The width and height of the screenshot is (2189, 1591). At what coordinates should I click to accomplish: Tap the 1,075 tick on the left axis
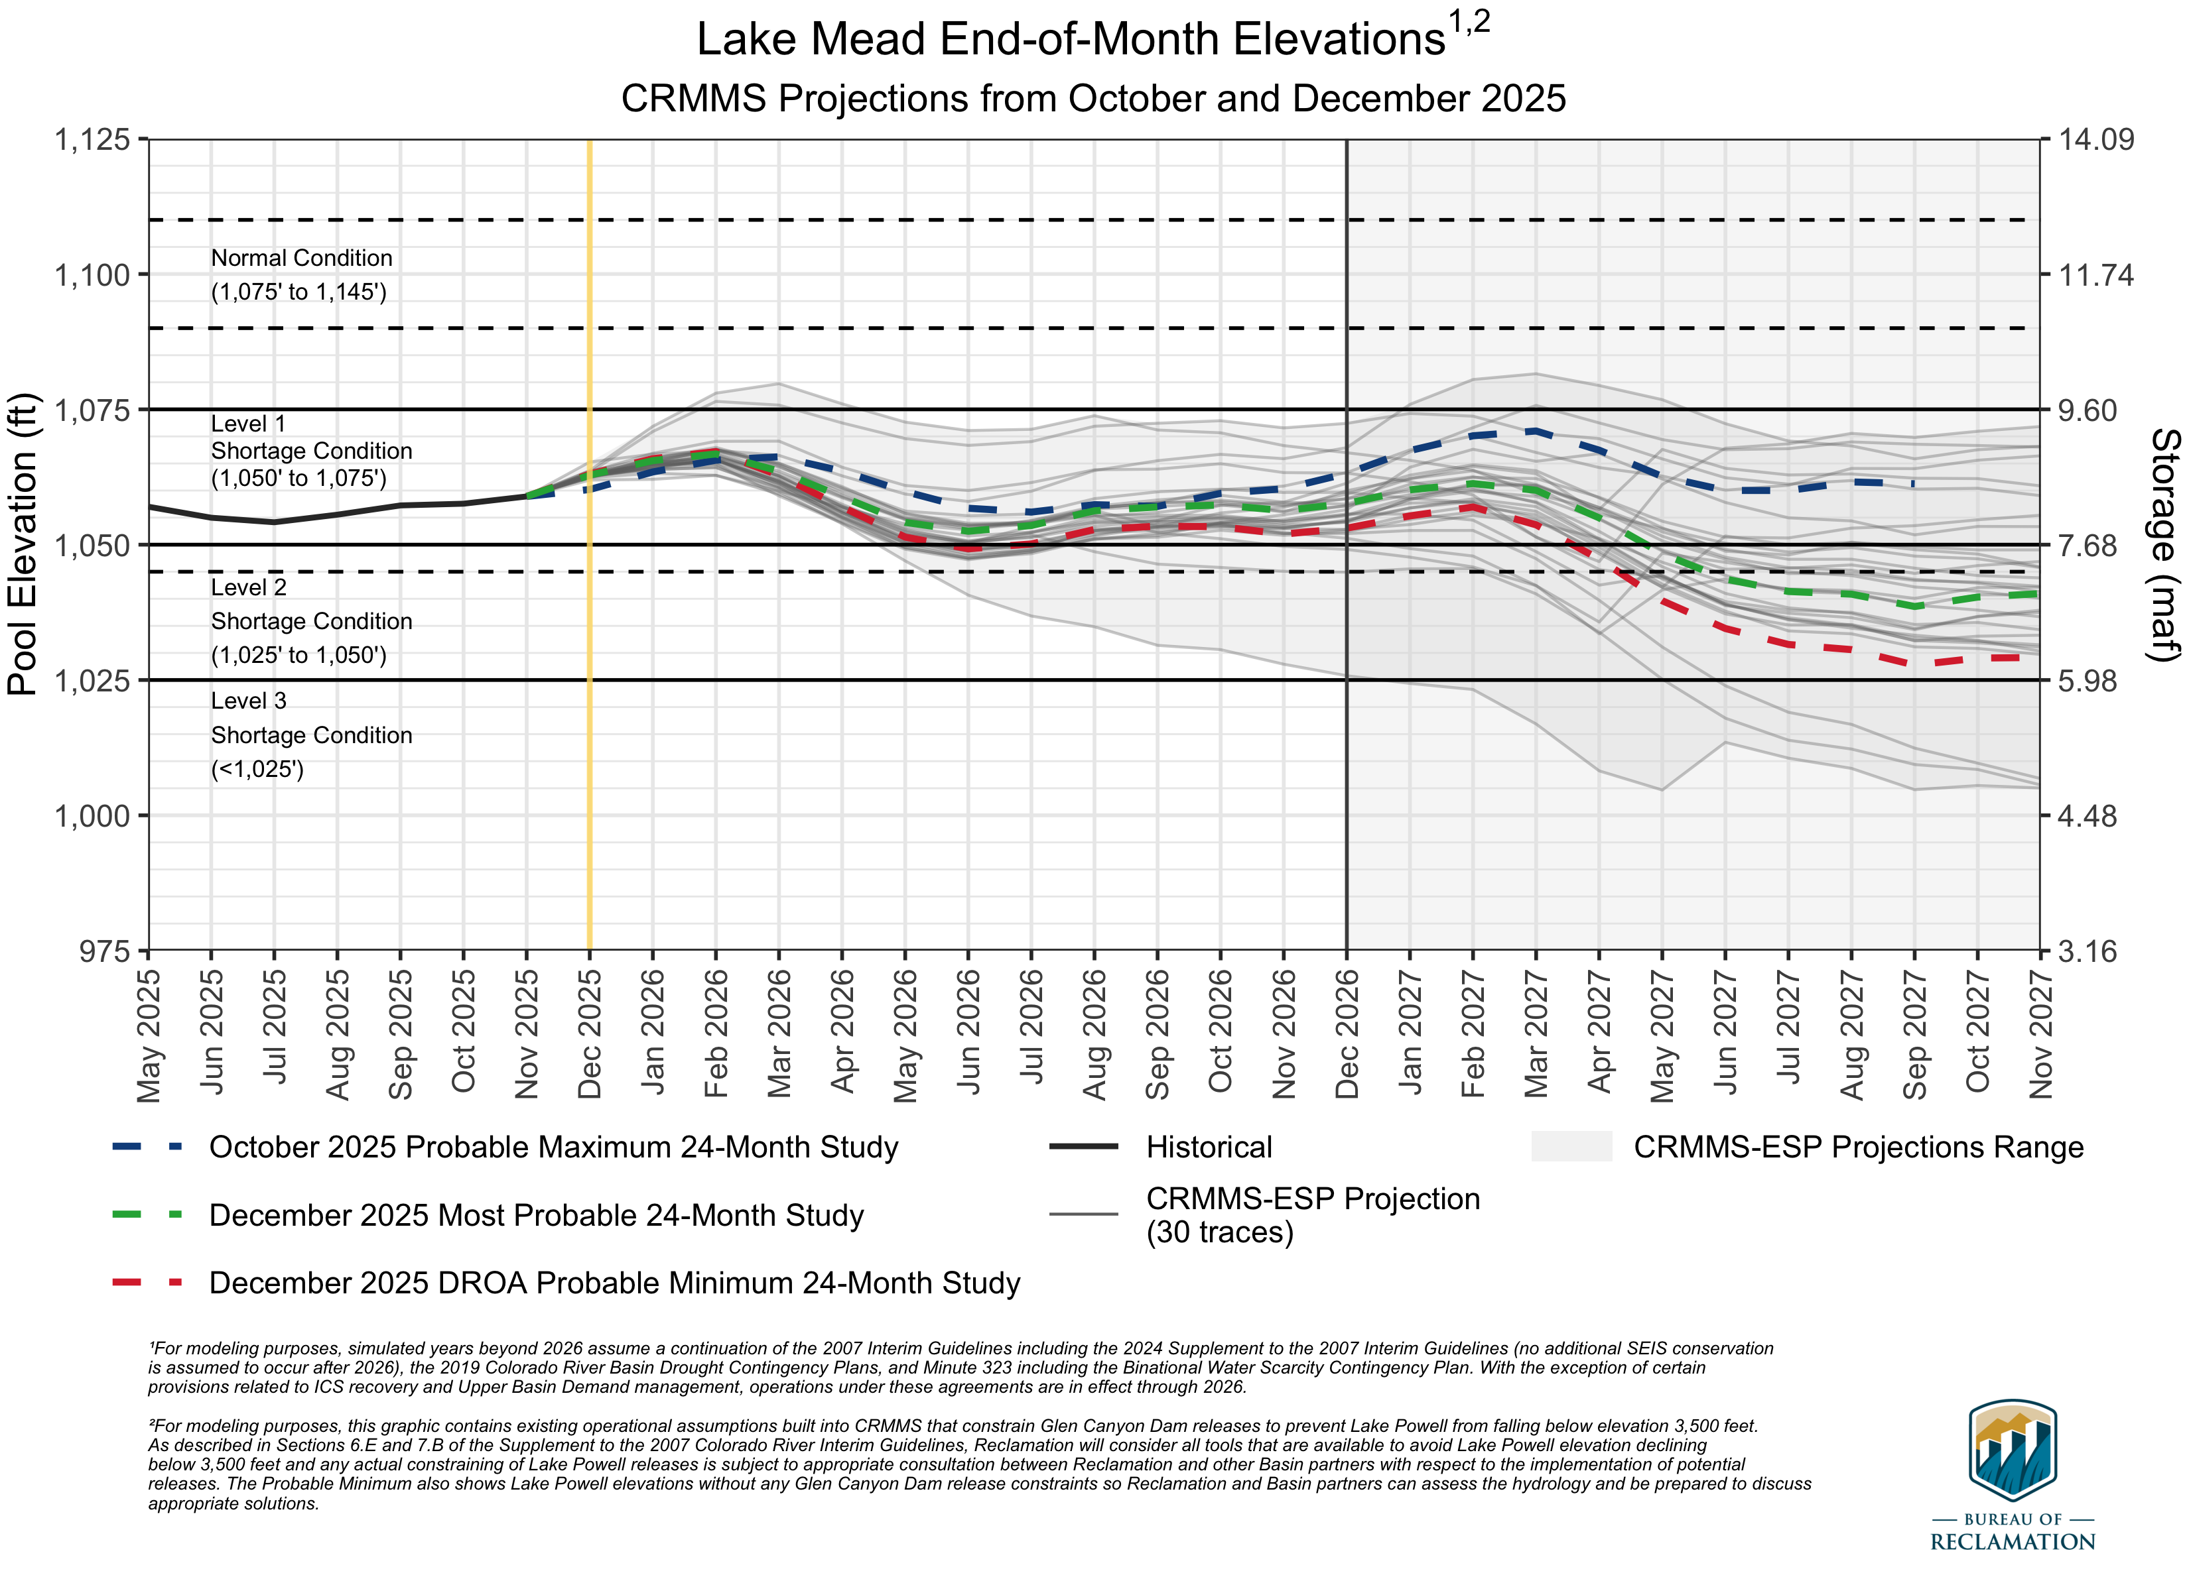(x=92, y=410)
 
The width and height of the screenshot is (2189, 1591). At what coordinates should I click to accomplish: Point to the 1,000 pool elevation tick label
(x=92, y=816)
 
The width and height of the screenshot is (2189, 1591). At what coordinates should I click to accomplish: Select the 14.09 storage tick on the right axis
(x=2096, y=140)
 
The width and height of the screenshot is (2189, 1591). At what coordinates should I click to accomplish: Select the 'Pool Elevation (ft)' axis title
(x=23, y=544)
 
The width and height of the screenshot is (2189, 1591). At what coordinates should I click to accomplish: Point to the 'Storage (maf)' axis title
(x=2166, y=545)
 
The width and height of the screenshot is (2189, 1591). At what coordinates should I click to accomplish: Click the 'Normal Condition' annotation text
(x=301, y=259)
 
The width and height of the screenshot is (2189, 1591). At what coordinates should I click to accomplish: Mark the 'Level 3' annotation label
(x=248, y=701)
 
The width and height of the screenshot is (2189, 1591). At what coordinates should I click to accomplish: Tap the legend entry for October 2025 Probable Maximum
(x=553, y=1148)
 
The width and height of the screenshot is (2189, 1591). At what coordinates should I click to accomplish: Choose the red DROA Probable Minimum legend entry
(x=614, y=1283)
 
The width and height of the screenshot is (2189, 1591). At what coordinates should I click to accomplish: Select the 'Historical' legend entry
(x=1209, y=1148)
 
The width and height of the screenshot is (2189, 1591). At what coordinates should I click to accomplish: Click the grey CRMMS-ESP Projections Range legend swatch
(x=1571, y=1146)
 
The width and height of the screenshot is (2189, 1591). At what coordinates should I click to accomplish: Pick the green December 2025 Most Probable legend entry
(x=536, y=1216)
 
